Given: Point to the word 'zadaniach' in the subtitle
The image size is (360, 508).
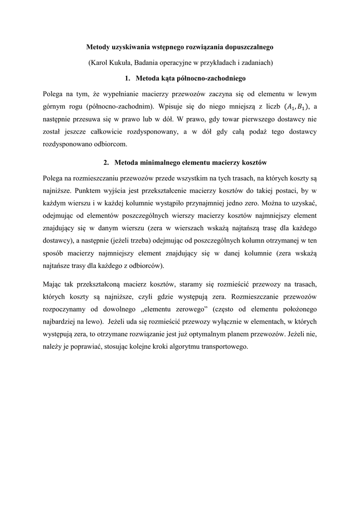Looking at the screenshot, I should pos(253,63).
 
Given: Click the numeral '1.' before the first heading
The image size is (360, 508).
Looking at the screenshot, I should pos(128,78).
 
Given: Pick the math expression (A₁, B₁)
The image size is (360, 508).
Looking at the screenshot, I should pos(297,107).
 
